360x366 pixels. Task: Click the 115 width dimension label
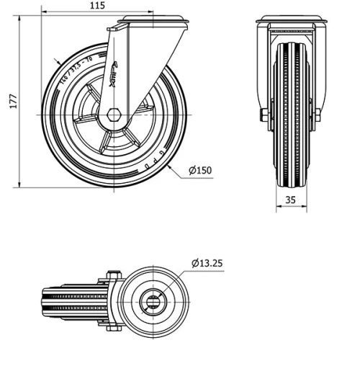coord(98,6)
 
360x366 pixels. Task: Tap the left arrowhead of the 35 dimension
coord(278,208)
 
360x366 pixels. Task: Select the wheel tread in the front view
coord(290,144)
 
